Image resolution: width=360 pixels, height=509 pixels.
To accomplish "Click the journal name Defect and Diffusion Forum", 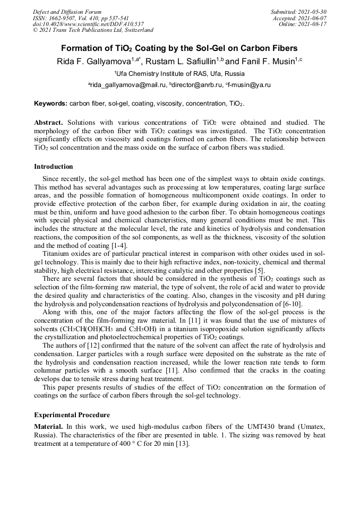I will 67,12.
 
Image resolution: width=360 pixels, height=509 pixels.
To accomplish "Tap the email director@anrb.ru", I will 196,85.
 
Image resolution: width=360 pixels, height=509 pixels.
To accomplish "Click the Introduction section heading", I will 54,167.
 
